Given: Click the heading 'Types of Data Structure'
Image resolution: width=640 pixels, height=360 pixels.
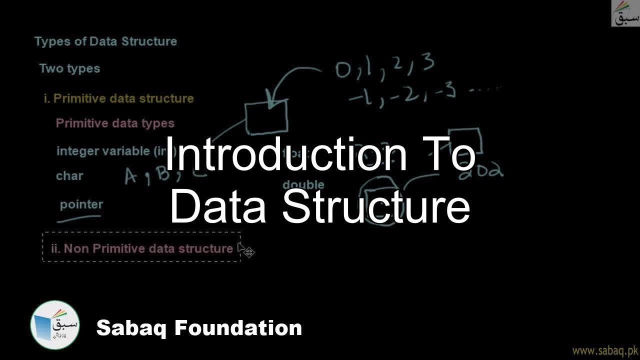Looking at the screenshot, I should (x=105, y=41).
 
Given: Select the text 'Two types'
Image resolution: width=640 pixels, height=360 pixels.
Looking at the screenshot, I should (x=69, y=68).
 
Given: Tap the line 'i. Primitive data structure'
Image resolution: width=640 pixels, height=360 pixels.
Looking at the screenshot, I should (x=118, y=98).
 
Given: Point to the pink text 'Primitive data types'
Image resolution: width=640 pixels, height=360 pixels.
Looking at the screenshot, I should (x=115, y=123).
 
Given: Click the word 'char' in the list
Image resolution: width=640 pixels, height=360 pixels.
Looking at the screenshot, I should (x=69, y=176).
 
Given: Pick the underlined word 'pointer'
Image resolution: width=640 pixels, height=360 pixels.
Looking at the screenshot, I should (x=81, y=204).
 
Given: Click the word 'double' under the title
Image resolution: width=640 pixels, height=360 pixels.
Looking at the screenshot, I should (x=303, y=185).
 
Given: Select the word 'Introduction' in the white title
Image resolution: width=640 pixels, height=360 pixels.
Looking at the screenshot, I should (x=285, y=154).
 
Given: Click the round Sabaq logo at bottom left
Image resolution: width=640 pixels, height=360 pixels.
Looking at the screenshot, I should (x=55, y=324).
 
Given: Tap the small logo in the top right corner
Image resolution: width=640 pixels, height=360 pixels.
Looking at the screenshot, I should (x=625, y=13).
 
